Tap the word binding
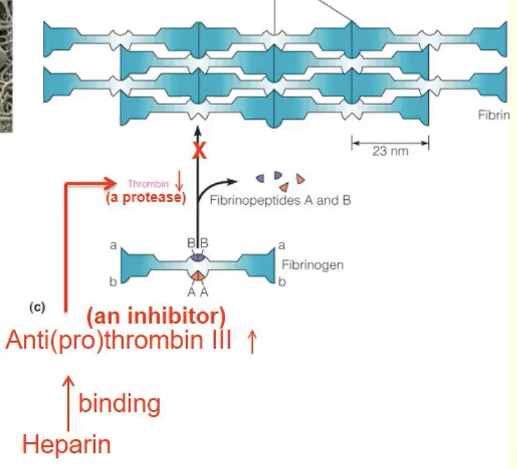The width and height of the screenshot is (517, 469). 119,404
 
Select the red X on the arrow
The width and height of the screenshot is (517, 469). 199,151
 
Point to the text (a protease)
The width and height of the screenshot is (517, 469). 146,198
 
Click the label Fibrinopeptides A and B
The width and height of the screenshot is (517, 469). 280,200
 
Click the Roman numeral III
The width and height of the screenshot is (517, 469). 217,343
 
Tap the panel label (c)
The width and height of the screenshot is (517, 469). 37,308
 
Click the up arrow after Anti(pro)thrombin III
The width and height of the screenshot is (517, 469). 251,343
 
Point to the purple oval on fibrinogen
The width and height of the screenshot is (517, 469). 198,258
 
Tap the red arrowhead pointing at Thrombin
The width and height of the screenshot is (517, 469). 111,184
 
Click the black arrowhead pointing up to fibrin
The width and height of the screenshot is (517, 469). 199,130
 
